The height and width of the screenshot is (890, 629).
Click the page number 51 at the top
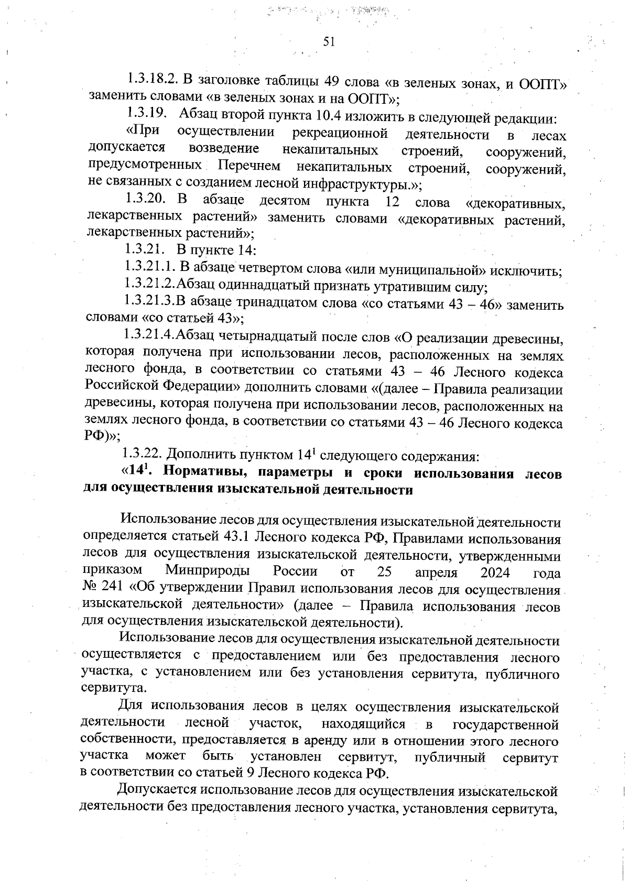(329, 42)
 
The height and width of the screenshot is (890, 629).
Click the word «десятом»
(285, 201)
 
